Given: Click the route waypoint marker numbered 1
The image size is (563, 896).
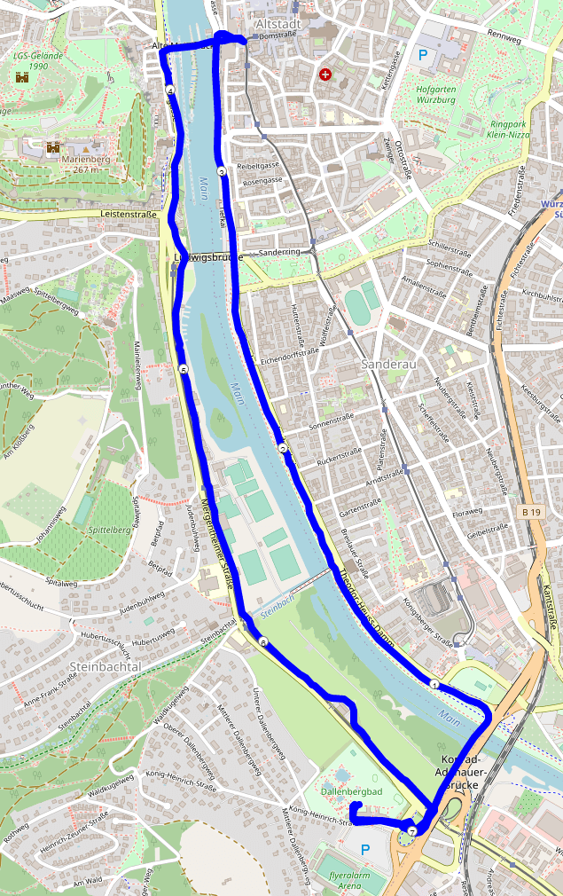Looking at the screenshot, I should click(434, 685).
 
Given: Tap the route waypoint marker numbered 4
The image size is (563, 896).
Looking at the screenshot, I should click(168, 90).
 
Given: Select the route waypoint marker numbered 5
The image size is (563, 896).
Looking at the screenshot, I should click(183, 369).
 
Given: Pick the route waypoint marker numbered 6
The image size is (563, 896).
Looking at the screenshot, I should click(262, 641).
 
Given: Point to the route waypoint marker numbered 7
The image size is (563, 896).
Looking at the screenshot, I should click(412, 831).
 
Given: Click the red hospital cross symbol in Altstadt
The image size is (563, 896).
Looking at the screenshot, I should click(325, 75).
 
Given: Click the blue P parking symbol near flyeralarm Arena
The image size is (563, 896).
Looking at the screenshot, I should click(365, 850).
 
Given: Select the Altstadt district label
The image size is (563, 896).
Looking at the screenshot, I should click(278, 25).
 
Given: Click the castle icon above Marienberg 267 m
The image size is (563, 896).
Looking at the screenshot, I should click(53, 146).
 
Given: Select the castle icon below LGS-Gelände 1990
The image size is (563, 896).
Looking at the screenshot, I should click(20, 78).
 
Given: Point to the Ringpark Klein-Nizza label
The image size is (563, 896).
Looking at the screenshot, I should click(511, 130).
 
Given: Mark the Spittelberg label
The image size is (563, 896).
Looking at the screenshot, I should click(110, 530).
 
